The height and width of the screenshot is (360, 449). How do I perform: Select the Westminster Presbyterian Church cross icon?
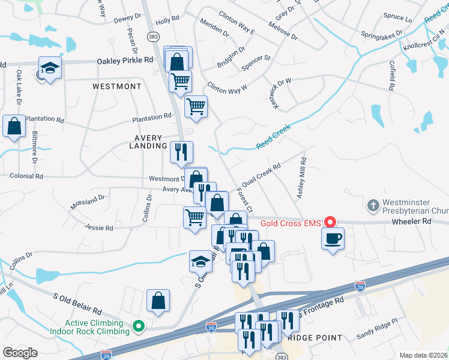coord(373,206)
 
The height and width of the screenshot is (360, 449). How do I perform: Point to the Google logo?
coord(20,353)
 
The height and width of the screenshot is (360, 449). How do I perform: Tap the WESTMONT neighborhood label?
coord(116,86)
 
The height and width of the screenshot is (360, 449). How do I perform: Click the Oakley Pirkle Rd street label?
coord(125,61)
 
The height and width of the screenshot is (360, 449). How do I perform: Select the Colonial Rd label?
coord(26,176)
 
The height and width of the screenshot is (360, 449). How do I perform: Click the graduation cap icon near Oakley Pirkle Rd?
coord(50,68)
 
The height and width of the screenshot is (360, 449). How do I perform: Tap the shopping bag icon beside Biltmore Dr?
coord(14,127)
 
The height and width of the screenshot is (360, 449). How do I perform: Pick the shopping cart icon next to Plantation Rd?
coord(196,107)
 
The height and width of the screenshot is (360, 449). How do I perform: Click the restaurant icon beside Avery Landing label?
coord(181,152)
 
